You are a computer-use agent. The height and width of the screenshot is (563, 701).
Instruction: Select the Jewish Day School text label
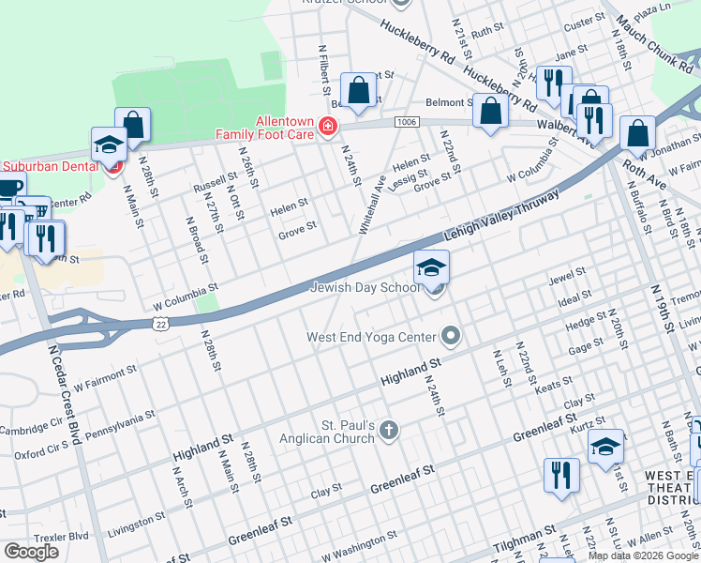pos(365,288)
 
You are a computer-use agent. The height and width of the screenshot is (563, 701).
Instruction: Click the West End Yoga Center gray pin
pos(452,336)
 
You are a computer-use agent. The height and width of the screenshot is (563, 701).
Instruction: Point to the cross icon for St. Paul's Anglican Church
pos(389,431)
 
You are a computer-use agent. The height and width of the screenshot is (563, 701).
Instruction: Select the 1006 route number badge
pos(407,122)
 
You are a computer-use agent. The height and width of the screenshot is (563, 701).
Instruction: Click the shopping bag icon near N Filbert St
pos(358,90)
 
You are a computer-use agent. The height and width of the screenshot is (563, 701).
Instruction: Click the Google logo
pos(31,552)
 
